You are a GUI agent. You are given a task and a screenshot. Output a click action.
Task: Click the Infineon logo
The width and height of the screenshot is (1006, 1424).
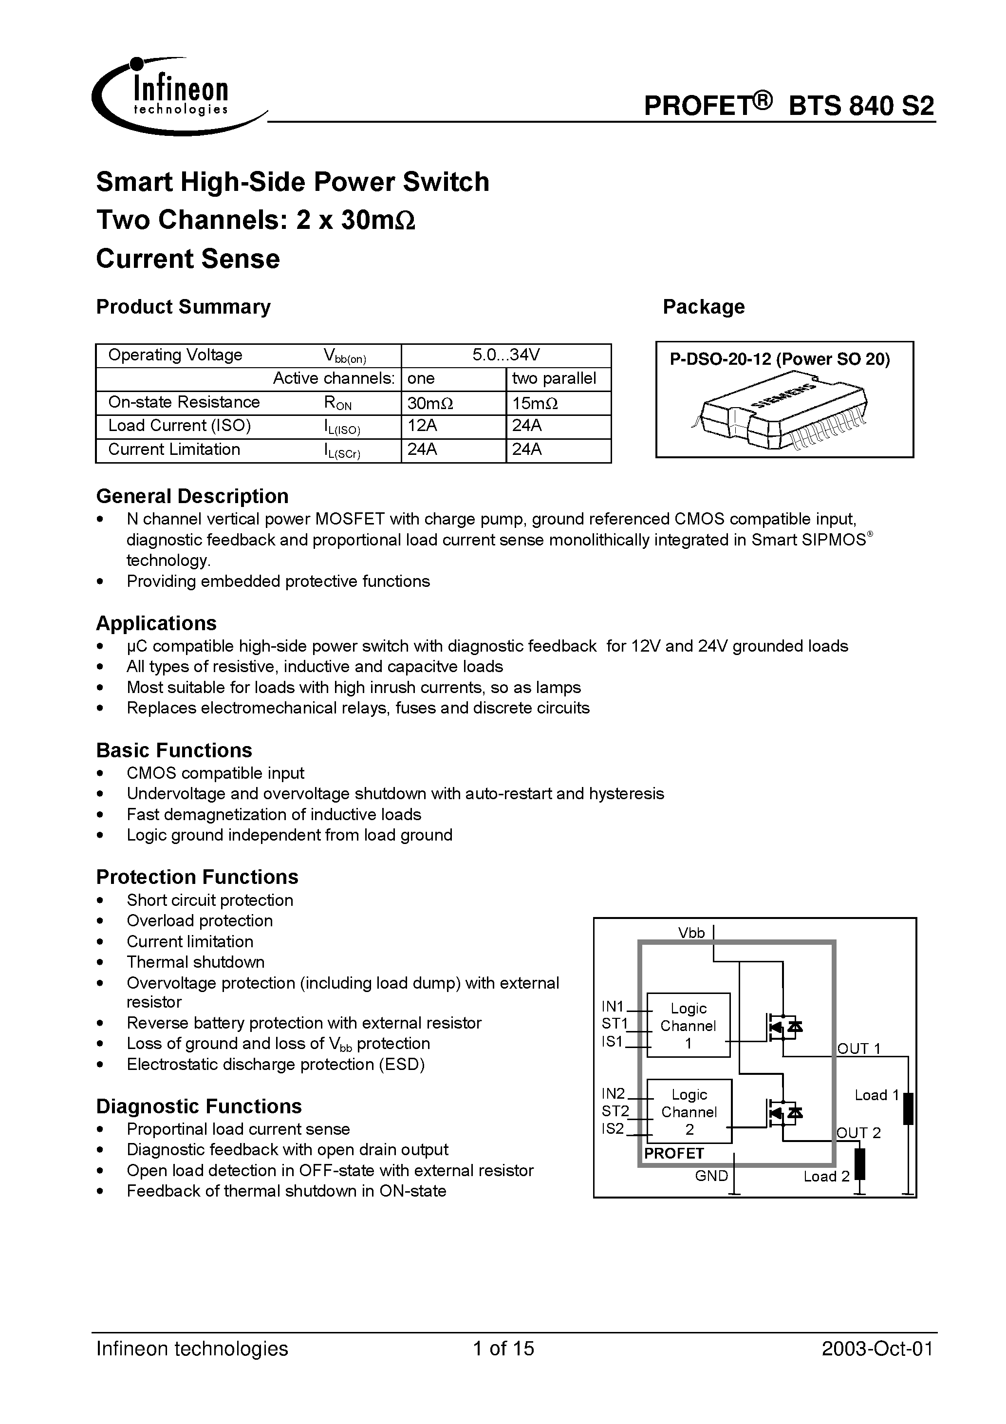tap(170, 96)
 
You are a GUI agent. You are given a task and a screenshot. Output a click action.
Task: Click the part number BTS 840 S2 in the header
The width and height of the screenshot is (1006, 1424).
tap(861, 106)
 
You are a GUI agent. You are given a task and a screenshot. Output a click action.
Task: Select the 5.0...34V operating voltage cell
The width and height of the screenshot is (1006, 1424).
tap(505, 356)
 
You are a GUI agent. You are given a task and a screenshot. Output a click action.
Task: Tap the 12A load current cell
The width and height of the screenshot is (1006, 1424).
tap(422, 426)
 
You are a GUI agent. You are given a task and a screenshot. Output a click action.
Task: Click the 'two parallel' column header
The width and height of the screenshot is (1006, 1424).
tap(553, 379)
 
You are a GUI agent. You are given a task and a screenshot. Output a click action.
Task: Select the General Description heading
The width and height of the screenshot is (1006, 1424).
tap(192, 496)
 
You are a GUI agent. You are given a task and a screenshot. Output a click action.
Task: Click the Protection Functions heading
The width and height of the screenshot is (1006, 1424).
tap(197, 877)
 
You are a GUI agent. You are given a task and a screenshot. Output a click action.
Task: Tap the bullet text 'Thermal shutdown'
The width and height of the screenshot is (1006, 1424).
tap(195, 962)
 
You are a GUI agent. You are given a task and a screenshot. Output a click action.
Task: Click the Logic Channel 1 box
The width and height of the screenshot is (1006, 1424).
tap(689, 1025)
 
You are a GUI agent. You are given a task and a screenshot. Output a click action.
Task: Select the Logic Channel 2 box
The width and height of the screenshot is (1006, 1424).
tap(689, 1111)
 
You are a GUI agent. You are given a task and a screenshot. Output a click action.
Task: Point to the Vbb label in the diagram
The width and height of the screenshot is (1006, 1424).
tap(691, 933)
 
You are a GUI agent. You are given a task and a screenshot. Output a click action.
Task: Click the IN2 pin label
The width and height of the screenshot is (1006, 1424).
tap(614, 1093)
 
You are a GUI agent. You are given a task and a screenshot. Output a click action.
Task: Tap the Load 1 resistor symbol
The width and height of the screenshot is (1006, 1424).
tap(908, 1109)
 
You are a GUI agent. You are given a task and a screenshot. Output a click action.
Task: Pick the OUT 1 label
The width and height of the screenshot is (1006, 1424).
tap(859, 1048)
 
